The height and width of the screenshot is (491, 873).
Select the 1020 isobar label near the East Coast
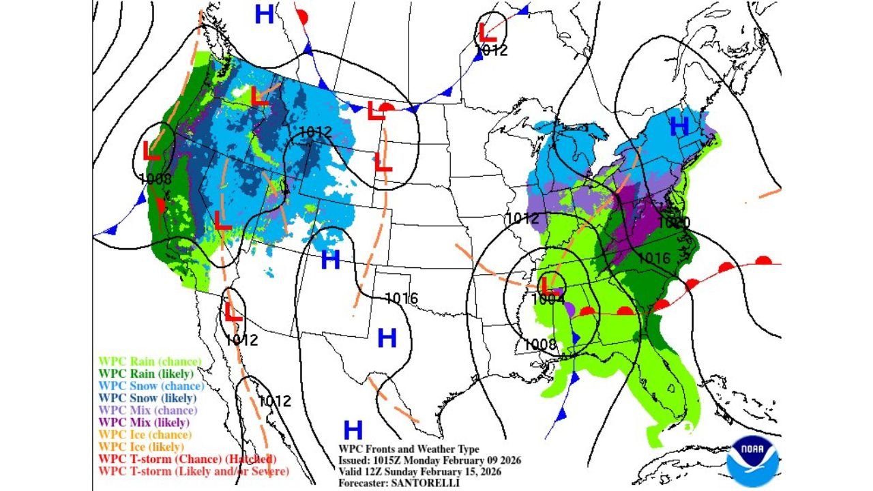(674, 223)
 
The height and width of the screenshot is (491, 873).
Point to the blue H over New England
(679, 125)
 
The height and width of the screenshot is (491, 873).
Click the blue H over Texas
(387, 338)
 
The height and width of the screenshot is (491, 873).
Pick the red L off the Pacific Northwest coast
(151, 149)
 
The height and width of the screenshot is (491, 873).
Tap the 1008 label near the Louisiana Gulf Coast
(541, 344)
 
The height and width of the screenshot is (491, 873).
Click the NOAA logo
(753, 462)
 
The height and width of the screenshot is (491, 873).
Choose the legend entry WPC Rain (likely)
(146, 374)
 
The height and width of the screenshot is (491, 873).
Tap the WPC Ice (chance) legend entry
(145, 434)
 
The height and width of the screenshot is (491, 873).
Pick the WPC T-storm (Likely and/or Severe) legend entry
(194, 471)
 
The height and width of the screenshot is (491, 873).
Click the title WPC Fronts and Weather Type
(409, 449)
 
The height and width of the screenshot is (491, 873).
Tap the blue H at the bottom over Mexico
(353, 430)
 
